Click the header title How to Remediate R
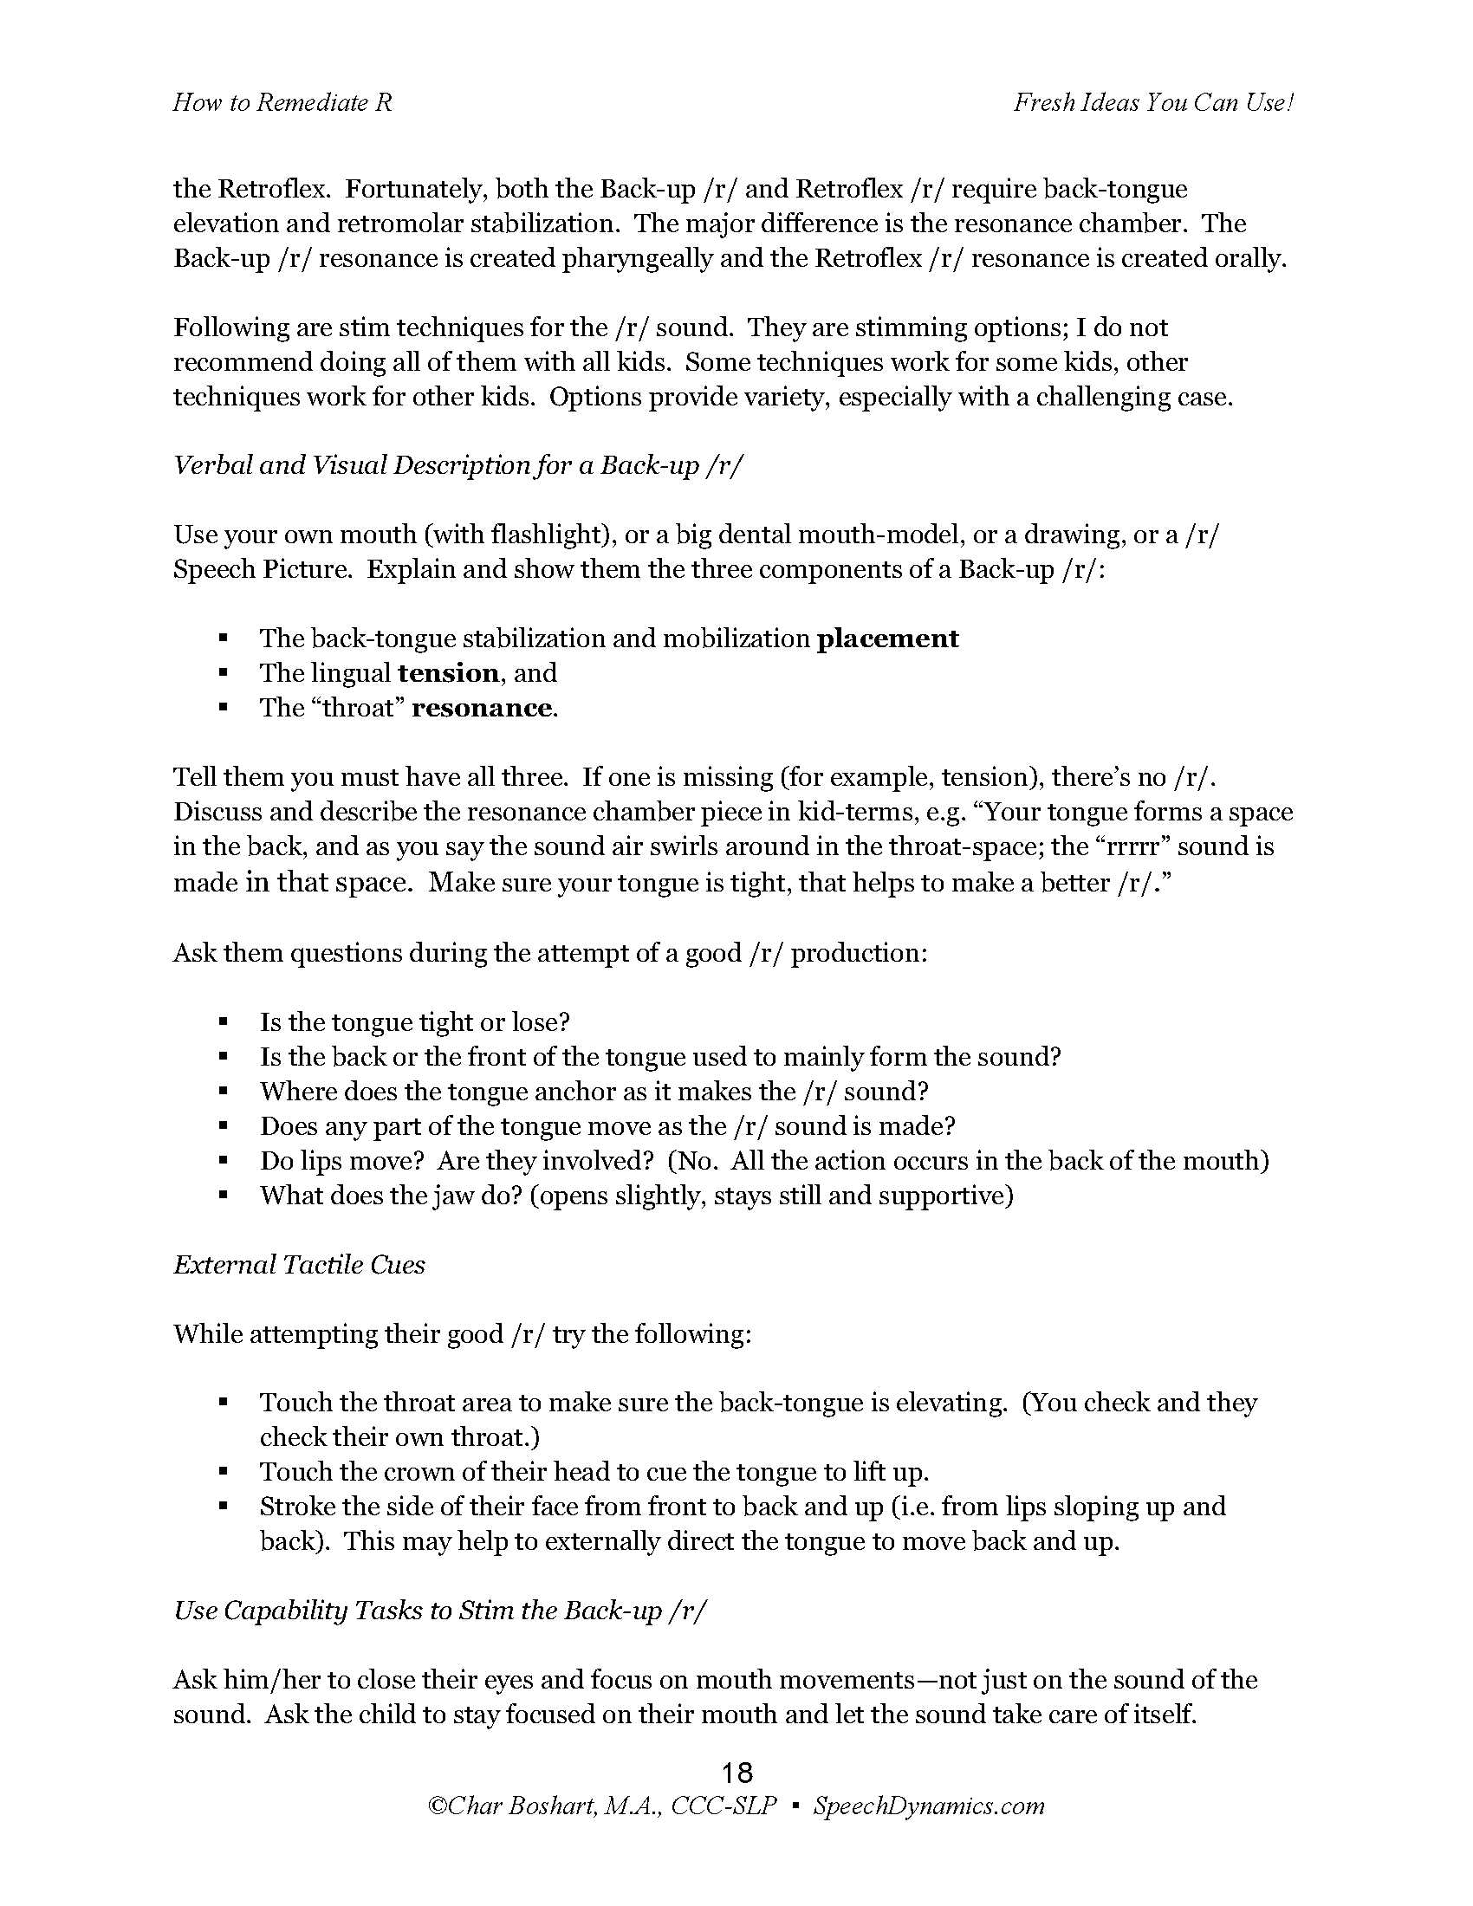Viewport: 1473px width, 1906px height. (x=282, y=103)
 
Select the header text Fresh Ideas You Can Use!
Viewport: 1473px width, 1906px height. (x=1152, y=103)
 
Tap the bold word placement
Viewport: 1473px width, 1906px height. (x=887, y=639)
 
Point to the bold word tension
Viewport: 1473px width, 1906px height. (x=448, y=673)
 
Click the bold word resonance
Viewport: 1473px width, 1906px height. (x=482, y=708)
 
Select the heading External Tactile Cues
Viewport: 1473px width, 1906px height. (x=299, y=1265)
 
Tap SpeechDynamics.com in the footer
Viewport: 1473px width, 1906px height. (x=929, y=1806)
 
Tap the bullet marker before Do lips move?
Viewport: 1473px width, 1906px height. (x=224, y=1161)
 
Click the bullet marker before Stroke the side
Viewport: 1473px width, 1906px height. (x=224, y=1506)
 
